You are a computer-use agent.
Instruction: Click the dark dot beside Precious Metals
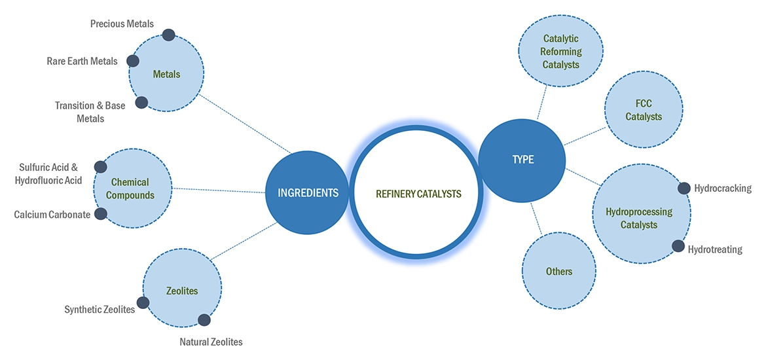pyautogui.click(x=168, y=35)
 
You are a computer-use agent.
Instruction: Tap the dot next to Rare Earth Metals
pyautogui.click(x=132, y=61)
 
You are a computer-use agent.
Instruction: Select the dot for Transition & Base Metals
pyautogui.click(x=141, y=102)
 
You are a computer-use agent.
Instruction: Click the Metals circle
pyautogui.click(x=167, y=74)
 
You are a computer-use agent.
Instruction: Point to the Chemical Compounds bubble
pyautogui.click(x=132, y=189)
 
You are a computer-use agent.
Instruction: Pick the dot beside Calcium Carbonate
pyautogui.click(x=101, y=214)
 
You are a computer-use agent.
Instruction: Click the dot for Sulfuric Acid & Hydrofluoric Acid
pyautogui.click(x=100, y=167)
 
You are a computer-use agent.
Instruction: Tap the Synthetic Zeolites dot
pyautogui.click(x=143, y=302)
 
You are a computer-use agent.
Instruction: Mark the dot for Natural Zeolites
pyautogui.click(x=204, y=320)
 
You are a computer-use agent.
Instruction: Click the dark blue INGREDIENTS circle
pyautogui.click(x=308, y=193)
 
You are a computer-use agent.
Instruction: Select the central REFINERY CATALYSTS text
pyautogui.click(x=418, y=194)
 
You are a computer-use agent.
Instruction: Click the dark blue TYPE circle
pyautogui.click(x=522, y=160)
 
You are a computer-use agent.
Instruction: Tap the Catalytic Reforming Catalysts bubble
pyautogui.click(x=561, y=51)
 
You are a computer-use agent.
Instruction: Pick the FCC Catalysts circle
pyautogui.click(x=643, y=110)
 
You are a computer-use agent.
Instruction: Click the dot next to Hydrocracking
pyautogui.click(x=684, y=189)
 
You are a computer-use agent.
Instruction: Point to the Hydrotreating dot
pyautogui.click(x=678, y=246)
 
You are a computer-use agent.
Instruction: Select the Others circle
pyautogui.click(x=558, y=271)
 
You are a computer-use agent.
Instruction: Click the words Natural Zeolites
pyautogui.click(x=211, y=342)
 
